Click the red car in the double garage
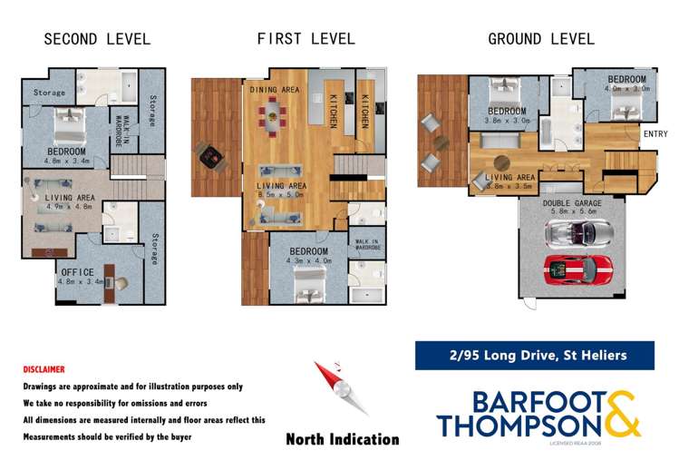[x=577, y=270]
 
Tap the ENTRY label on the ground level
[x=655, y=134]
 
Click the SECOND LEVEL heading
[x=97, y=39]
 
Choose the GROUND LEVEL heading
[x=541, y=39]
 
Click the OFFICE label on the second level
[x=79, y=272]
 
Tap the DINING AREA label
[x=276, y=90]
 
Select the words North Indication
[x=342, y=439]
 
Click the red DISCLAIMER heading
[x=44, y=370]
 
